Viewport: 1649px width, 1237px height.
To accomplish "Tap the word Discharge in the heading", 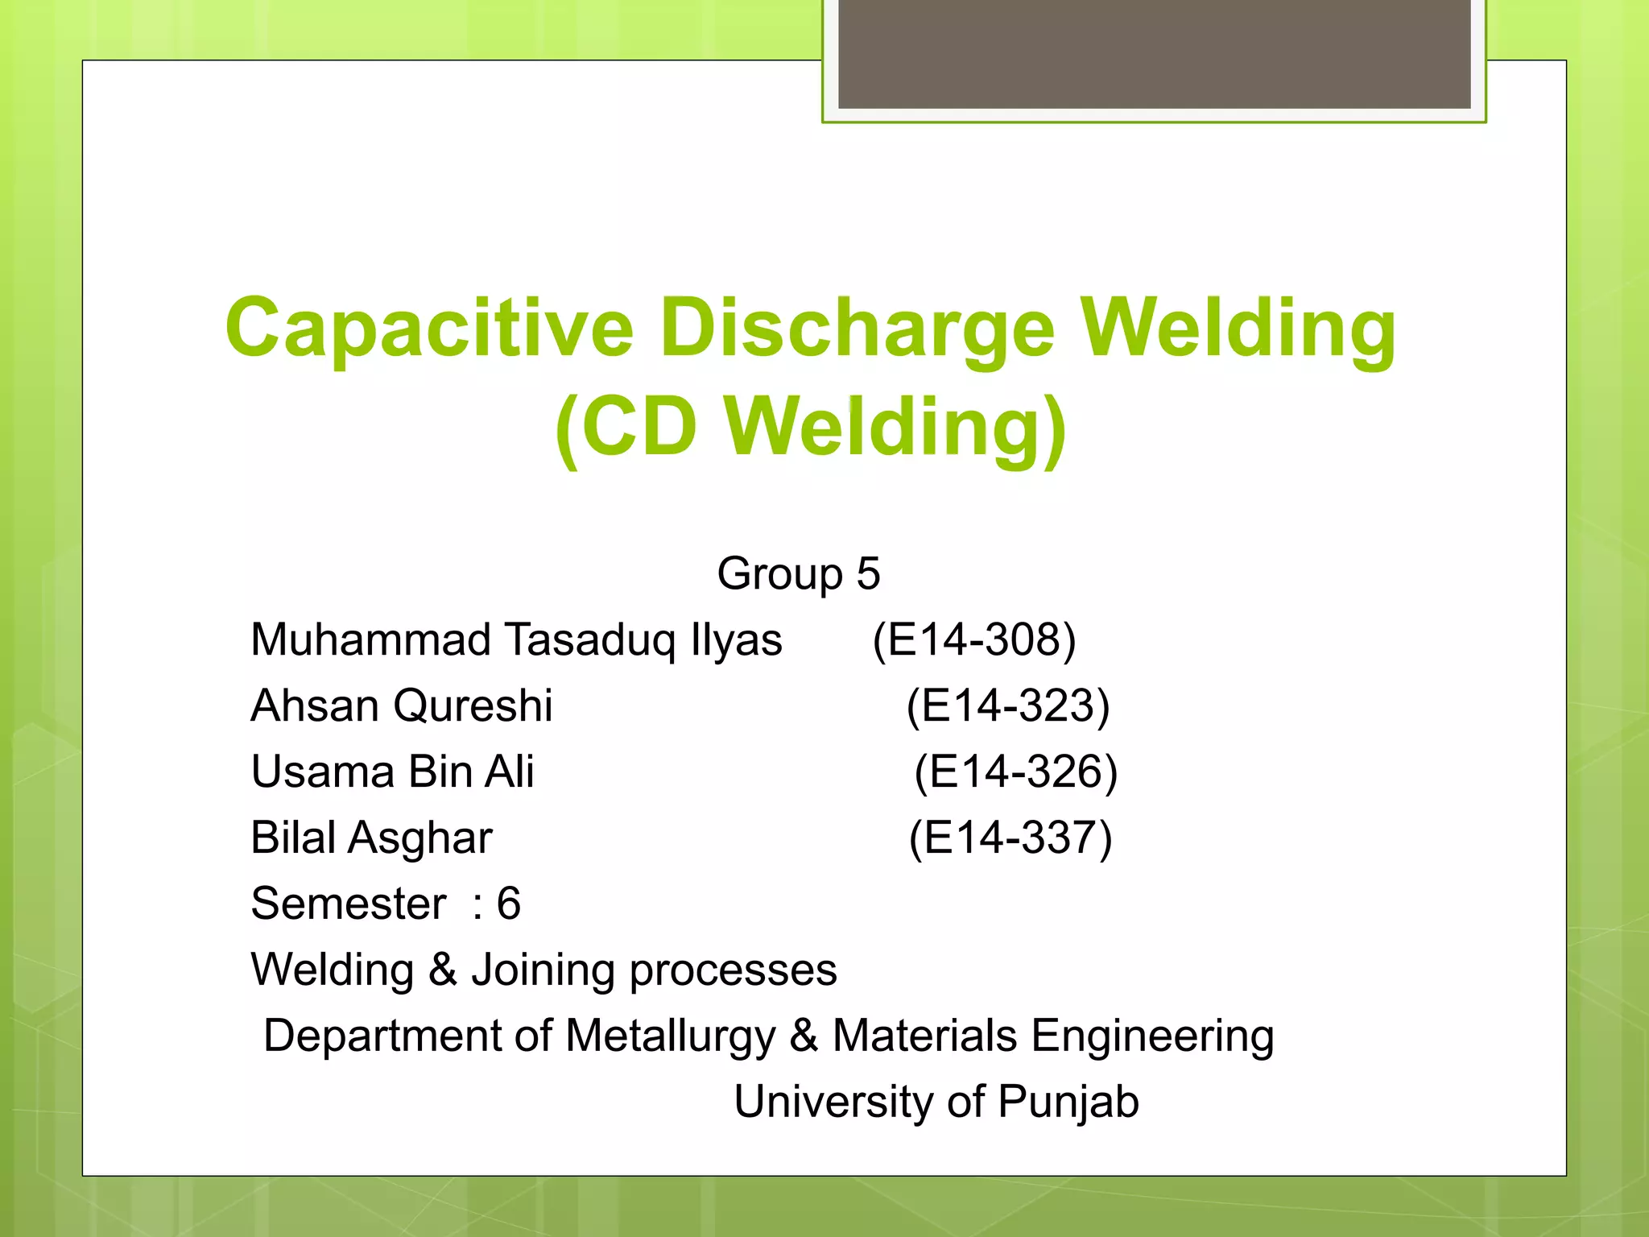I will coord(857,329).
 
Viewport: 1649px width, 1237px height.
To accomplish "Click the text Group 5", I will coord(798,574).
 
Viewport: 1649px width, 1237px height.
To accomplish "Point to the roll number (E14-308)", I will coord(974,640).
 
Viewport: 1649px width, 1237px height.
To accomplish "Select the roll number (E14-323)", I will coord(1008,706).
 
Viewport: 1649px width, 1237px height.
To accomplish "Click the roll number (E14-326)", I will coord(1016,772).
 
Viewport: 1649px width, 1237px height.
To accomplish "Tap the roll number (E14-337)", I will coord(1010,838).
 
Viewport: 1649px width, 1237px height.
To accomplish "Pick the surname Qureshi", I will coord(473,707).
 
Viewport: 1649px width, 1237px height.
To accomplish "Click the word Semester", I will coord(348,904).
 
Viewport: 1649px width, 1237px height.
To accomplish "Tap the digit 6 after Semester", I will coord(509,904).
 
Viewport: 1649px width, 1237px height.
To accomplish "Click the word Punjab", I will coord(1068,1103).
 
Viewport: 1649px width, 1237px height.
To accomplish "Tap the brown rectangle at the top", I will coord(1154,52).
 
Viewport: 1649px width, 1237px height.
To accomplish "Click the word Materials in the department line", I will coord(924,1036).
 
